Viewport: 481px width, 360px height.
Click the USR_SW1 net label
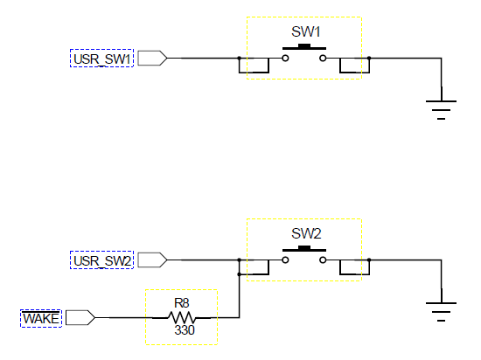point(101,59)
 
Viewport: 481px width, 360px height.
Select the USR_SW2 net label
point(102,261)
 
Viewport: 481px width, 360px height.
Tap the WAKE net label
point(41,318)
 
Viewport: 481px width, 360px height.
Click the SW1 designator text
point(305,31)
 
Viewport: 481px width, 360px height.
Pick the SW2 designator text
point(306,233)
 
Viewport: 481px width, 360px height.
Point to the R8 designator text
point(182,303)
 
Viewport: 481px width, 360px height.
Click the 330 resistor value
point(185,330)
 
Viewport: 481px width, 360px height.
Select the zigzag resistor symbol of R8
point(182,318)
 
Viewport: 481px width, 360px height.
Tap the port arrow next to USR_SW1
point(152,58)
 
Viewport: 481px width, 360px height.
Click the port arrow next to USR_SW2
point(152,260)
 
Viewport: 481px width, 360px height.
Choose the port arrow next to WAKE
point(80,317)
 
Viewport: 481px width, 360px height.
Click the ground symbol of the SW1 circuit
point(441,110)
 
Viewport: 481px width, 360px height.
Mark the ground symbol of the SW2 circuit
point(441,312)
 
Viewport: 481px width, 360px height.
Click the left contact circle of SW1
point(285,58)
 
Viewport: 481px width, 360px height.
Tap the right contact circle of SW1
point(323,58)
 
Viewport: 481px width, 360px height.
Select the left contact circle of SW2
point(285,260)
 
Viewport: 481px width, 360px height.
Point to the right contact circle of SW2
point(323,260)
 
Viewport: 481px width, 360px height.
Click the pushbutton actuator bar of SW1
point(304,47)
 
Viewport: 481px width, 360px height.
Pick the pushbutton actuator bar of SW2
point(304,249)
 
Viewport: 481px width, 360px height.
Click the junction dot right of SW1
point(369,58)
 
